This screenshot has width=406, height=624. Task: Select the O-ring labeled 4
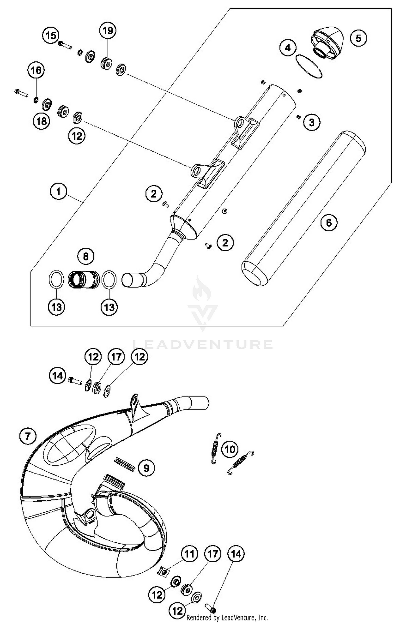point(309,67)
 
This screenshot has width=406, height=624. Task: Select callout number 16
point(36,70)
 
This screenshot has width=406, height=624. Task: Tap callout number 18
point(41,121)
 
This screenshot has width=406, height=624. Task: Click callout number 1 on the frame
point(58,192)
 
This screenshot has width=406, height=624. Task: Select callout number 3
point(312,122)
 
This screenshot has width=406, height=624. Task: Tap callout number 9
point(146,468)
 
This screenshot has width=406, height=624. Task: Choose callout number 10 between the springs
point(230,450)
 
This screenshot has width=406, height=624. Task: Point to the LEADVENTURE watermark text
point(203,344)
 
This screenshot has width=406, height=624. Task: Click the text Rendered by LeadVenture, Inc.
point(227,618)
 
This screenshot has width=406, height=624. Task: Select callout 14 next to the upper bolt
point(57,376)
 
